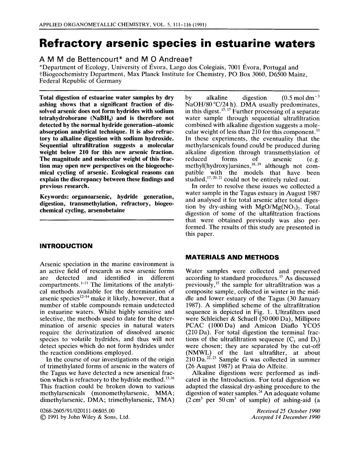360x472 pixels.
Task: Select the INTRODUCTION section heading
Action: (66, 246)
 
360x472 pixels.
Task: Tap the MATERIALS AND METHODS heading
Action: (232, 257)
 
